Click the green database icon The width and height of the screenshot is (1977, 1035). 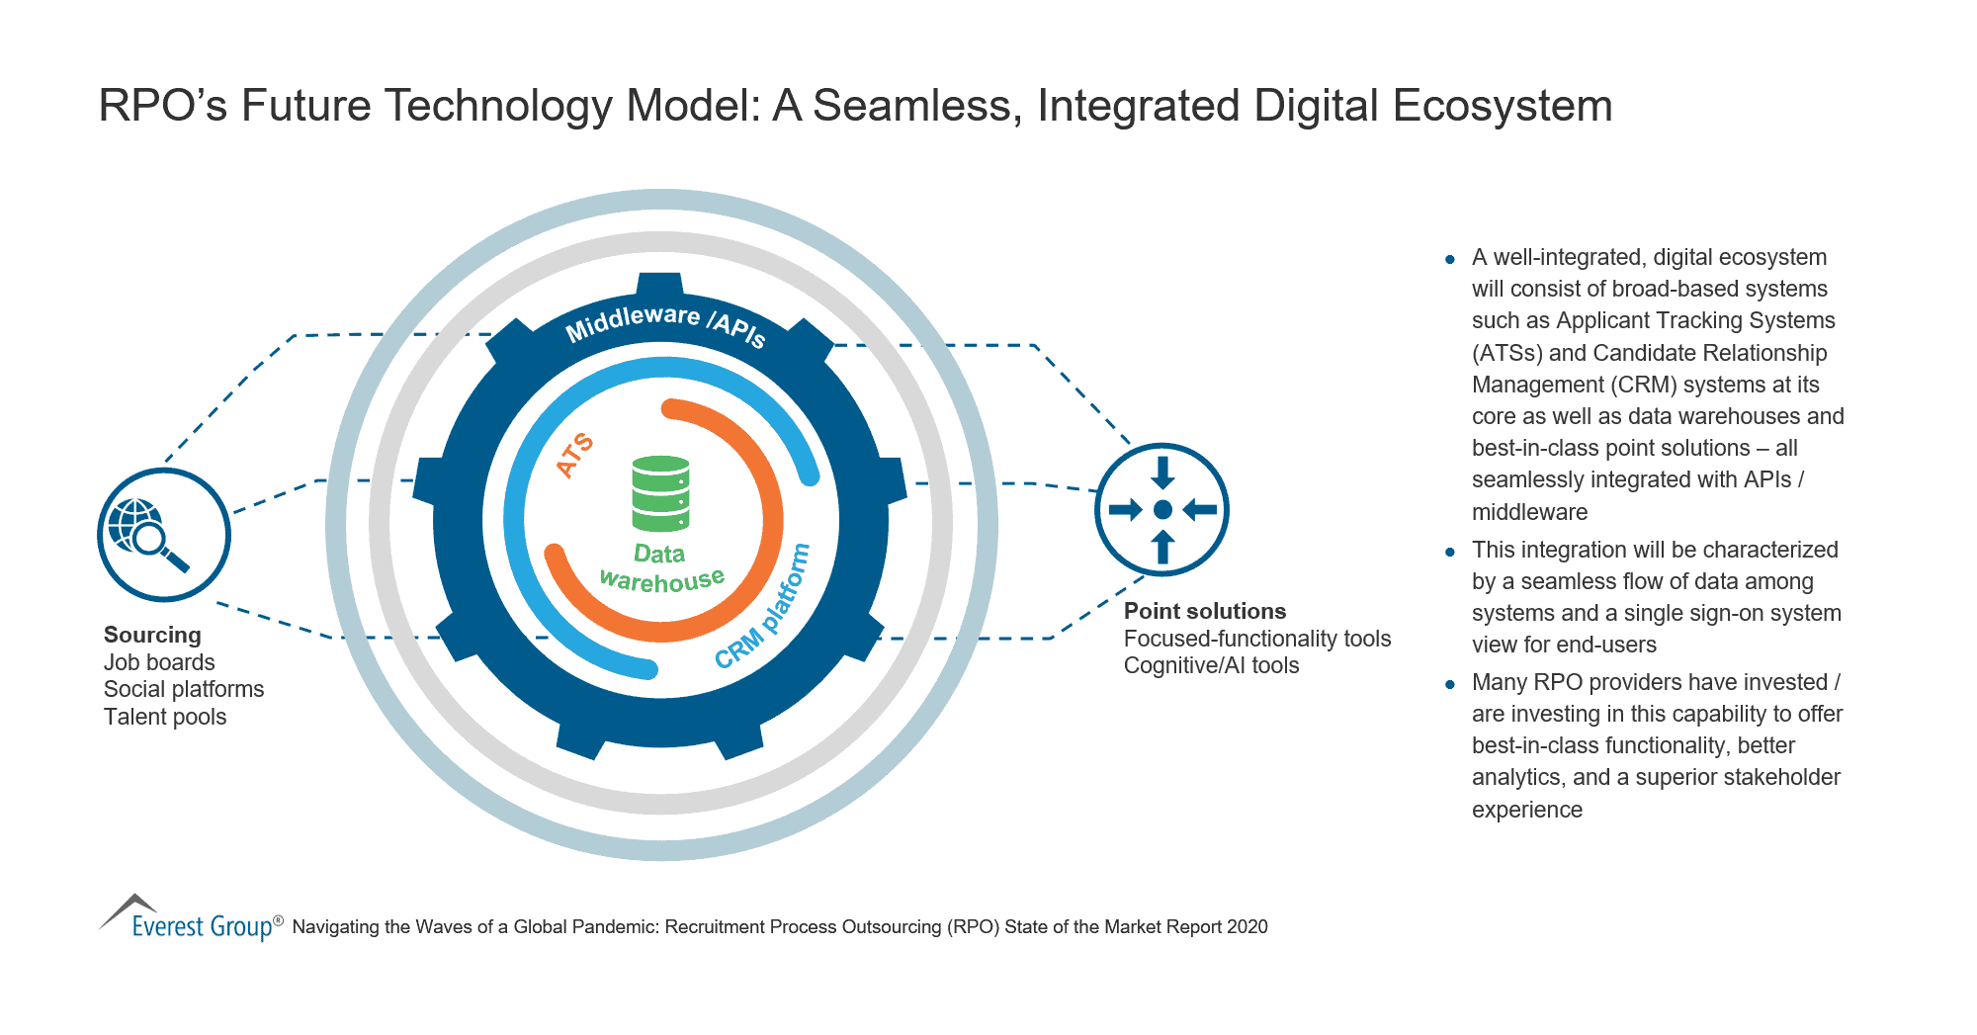660,492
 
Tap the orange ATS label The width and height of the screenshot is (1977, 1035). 574,455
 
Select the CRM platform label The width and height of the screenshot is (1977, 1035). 763,607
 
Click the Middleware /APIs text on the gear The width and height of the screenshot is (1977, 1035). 665,324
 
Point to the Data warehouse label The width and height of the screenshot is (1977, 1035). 661,567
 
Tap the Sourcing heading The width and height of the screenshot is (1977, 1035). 152,635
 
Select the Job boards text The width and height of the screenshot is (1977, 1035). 159,662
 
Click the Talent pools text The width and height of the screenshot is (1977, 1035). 165,717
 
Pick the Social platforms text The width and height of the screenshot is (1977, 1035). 184,689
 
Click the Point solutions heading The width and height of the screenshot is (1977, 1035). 1205,611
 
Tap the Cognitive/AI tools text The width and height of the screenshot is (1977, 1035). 1211,665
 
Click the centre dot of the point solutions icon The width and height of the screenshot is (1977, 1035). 1162,510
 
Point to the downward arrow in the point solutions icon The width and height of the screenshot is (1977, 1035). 1162,473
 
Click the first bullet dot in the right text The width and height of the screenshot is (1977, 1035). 1450,260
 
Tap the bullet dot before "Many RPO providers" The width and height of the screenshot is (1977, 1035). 1450,684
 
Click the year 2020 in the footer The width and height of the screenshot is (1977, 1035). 1246,927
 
